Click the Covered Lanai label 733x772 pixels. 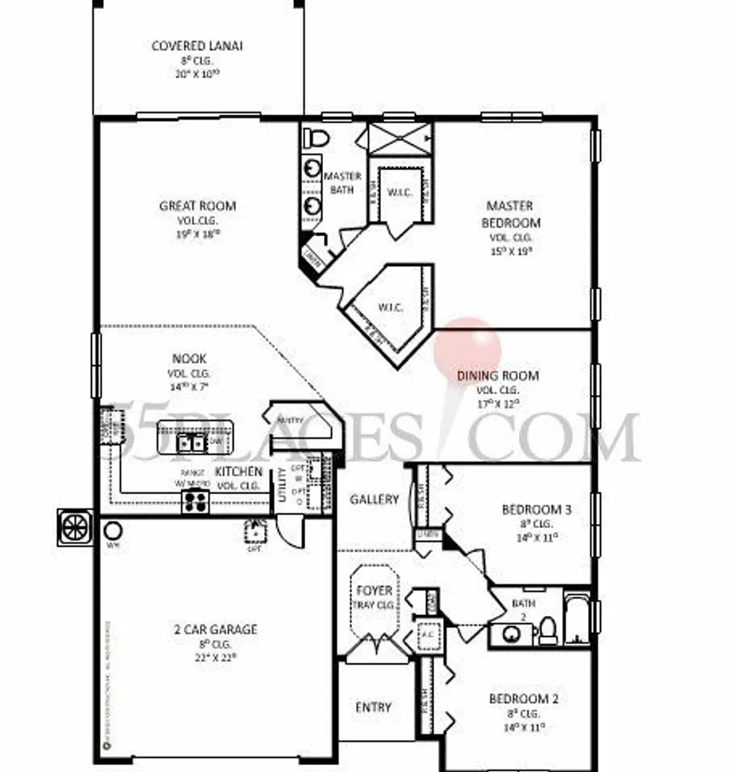click(197, 46)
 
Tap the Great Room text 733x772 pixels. click(198, 206)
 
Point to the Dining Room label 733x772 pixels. click(498, 375)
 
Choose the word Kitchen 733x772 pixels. click(238, 471)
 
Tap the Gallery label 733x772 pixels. click(374, 499)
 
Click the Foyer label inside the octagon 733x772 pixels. click(374, 590)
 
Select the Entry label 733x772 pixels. click(373, 707)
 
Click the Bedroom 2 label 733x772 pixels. click(524, 699)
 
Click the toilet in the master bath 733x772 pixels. click(317, 137)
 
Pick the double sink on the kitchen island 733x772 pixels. click(190, 442)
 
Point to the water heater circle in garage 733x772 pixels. click(113, 531)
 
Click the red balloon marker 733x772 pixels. click(468, 345)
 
